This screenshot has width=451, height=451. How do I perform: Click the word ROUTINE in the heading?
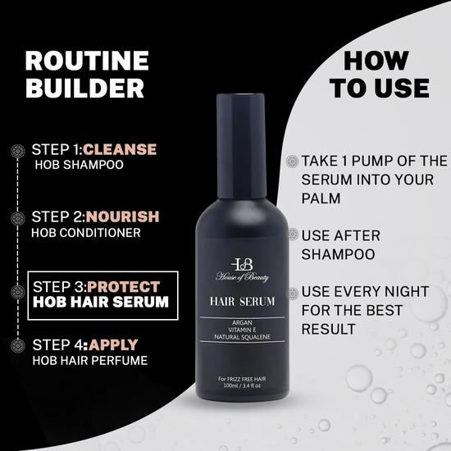[x=86, y=61]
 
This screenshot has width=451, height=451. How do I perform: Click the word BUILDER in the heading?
[x=84, y=89]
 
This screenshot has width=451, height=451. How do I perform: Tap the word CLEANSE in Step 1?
[x=119, y=149]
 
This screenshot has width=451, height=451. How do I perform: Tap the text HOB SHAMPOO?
[x=78, y=165]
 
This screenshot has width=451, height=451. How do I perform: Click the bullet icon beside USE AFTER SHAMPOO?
[x=292, y=236]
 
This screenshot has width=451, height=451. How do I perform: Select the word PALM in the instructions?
[x=324, y=197]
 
